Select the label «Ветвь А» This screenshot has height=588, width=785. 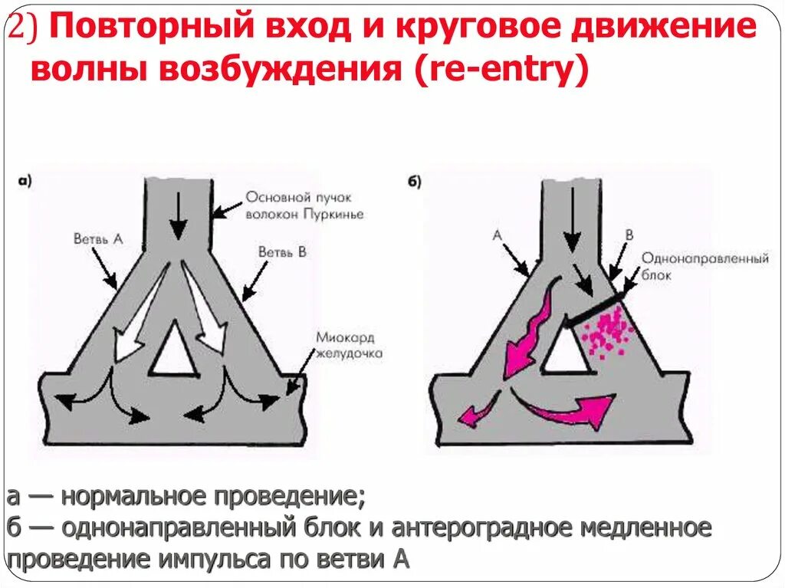tap(98, 239)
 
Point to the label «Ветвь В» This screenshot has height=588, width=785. tap(282, 251)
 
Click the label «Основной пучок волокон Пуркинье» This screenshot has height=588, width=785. tap(304, 205)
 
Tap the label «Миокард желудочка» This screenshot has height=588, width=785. tap(348, 346)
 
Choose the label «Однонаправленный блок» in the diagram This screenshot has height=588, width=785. tap(704, 266)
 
